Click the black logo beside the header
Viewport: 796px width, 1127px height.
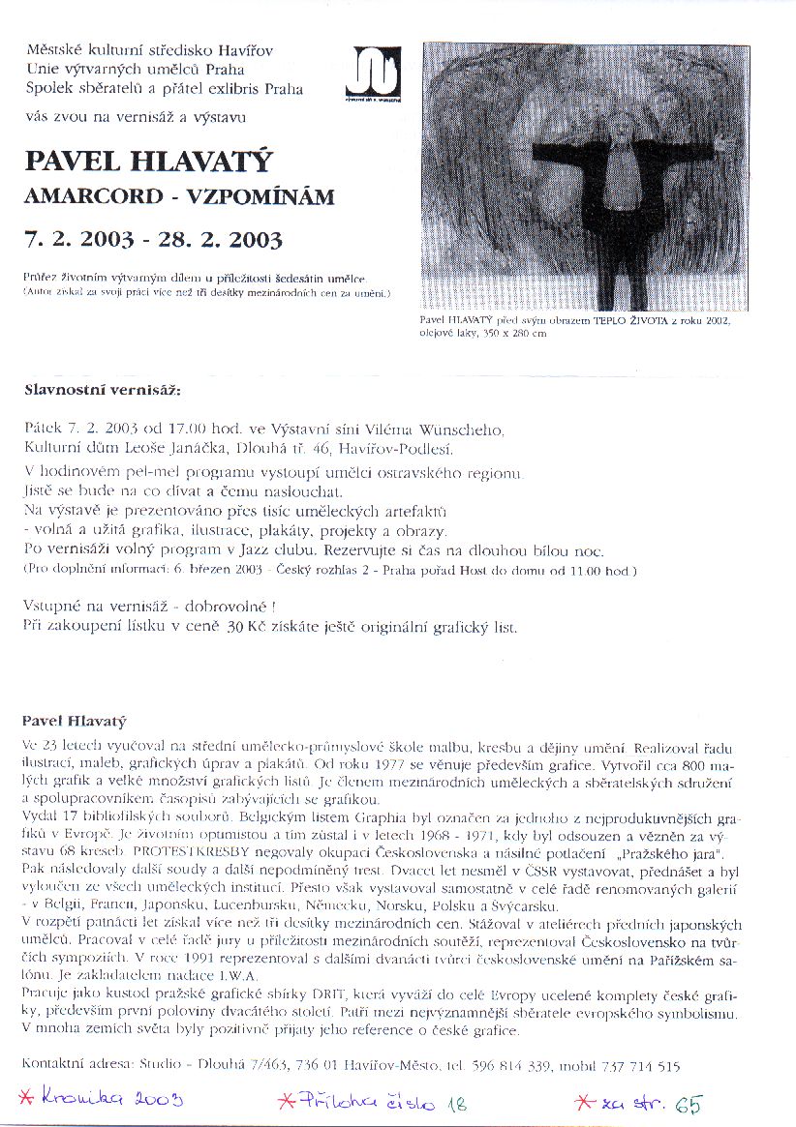tap(378, 73)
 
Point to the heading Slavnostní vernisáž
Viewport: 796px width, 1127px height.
tap(102, 391)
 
